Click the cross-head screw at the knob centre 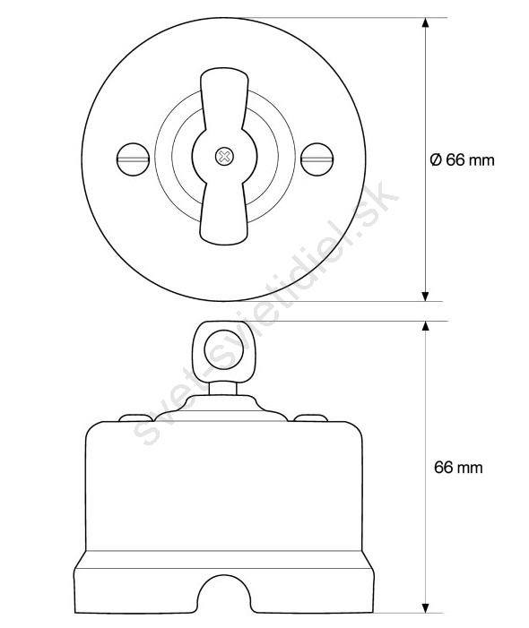tap(224, 156)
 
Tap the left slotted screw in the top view tap(134, 159)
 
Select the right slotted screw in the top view tap(317, 159)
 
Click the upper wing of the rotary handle tap(224, 100)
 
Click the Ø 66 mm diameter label tap(462, 160)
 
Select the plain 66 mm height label tap(458, 468)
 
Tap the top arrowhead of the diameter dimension tap(426, 22)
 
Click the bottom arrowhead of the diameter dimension tap(426, 296)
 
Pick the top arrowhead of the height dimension tap(426, 326)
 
